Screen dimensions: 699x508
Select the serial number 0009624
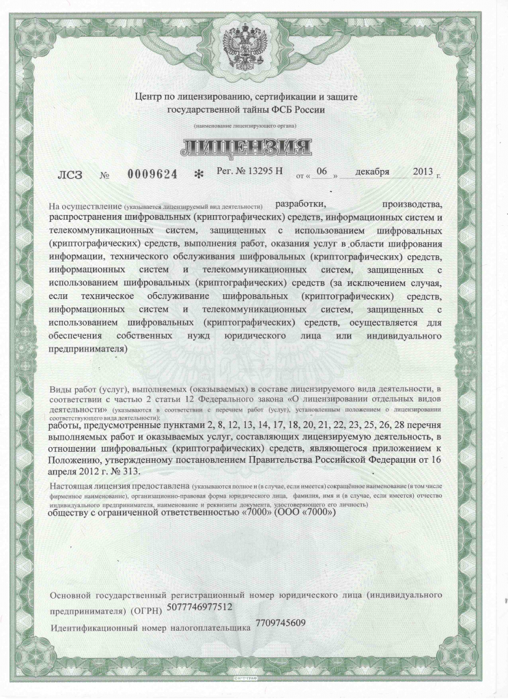point(152,174)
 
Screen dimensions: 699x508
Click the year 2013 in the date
point(423,171)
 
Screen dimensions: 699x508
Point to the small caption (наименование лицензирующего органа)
point(244,127)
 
